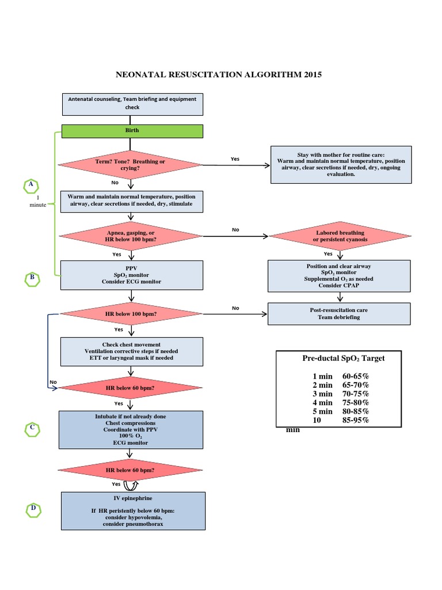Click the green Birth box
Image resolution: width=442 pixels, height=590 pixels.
click(132, 131)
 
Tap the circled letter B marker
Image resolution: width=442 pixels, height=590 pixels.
click(32, 279)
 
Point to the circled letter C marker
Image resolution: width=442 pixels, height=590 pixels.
click(33, 429)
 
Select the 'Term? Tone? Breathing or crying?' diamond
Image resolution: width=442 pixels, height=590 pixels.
click(131, 165)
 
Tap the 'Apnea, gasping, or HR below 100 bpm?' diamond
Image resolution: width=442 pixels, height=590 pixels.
click(132, 236)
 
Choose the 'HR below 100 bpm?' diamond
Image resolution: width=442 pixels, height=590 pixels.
click(132, 314)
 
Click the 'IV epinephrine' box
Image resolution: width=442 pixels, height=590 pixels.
click(132, 510)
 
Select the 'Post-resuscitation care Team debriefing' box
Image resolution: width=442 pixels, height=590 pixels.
click(339, 314)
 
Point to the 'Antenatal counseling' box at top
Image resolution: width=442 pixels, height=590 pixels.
click(132, 103)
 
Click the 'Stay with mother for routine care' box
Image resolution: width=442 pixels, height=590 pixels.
click(340, 165)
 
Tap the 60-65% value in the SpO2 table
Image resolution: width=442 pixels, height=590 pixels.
click(356, 376)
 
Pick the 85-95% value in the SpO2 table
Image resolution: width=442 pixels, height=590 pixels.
click(356, 420)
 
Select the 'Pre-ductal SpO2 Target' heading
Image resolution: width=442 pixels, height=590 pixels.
click(344, 358)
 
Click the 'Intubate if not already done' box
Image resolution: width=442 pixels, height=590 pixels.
click(132, 430)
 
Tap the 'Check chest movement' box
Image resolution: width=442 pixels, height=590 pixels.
click(132, 351)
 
